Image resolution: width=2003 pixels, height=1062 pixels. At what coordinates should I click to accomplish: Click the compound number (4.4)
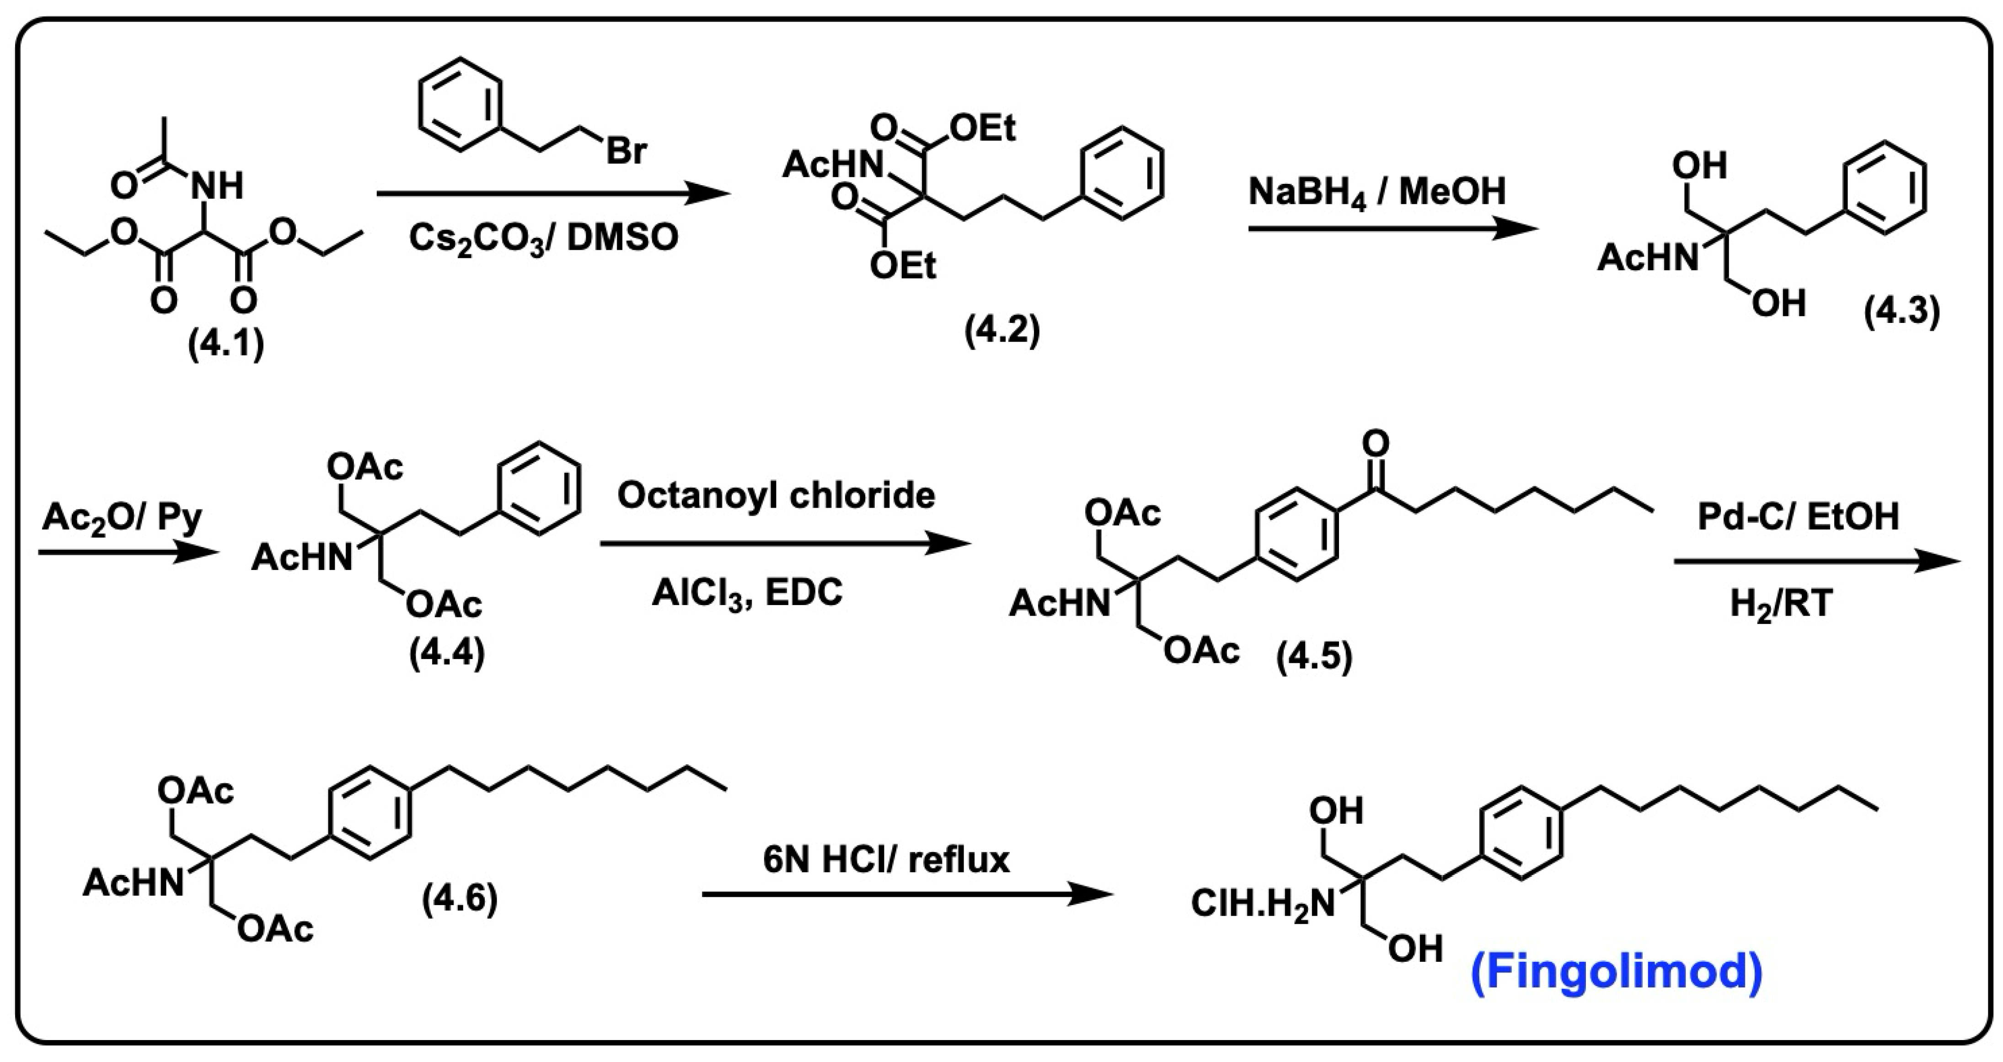pyautogui.click(x=447, y=654)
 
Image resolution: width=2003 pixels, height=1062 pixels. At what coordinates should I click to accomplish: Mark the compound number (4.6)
pyautogui.click(x=460, y=900)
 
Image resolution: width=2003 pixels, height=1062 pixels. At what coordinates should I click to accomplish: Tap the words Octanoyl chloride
pyautogui.click(x=776, y=495)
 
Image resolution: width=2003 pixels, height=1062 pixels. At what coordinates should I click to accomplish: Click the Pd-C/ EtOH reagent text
pyautogui.click(x=1798, y=516)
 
